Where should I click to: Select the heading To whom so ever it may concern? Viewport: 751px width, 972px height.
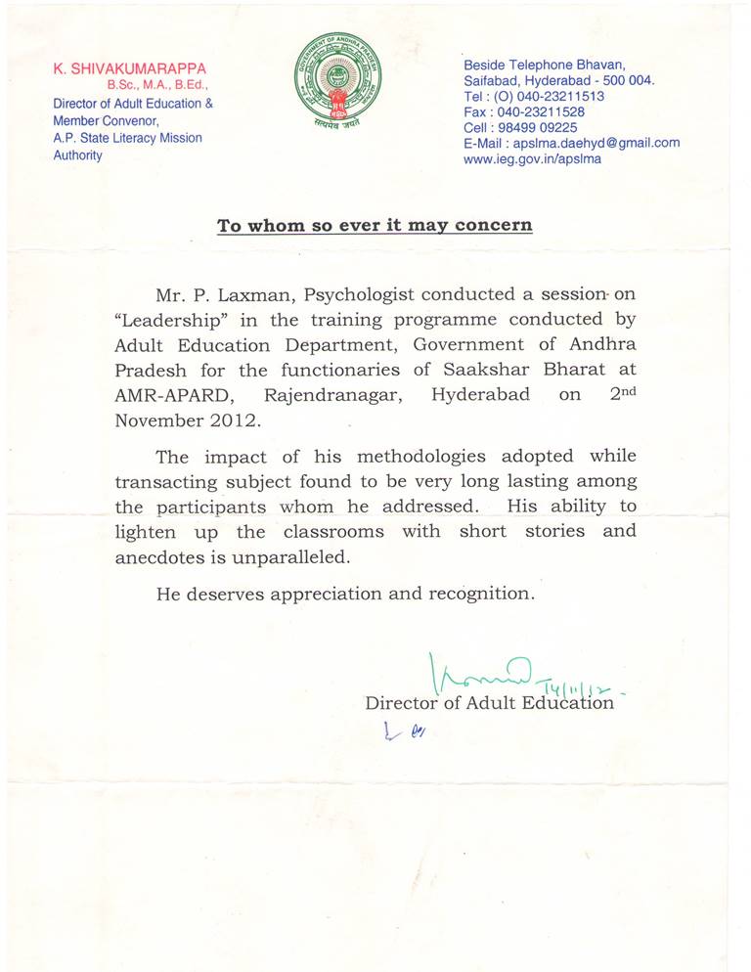tap(375, 226)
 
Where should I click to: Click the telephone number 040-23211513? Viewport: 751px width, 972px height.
tap(555, 97)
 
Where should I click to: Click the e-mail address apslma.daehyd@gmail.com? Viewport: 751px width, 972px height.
tap(595, 143)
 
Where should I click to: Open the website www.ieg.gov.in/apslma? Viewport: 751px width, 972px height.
tap(533, 158)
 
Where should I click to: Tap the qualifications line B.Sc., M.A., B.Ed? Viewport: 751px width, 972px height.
tap(158, 86)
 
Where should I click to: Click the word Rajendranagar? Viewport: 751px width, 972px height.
tap(329, 396)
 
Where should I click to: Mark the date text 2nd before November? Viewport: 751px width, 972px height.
tap(615, 393)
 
